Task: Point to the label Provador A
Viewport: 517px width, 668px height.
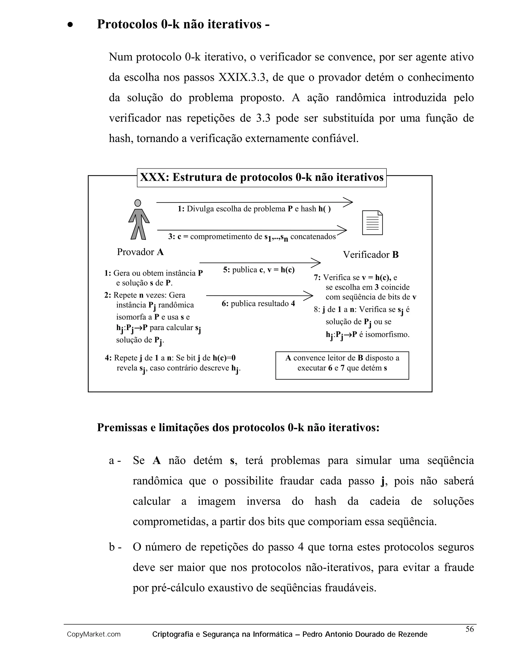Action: point(140,252)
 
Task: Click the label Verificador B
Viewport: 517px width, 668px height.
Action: point(371,255)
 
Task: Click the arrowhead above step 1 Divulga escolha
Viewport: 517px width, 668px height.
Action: point(349,202)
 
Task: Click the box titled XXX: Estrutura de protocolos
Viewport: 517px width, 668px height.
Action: point(262,178)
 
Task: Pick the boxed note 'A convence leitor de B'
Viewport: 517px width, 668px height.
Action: point(342,365)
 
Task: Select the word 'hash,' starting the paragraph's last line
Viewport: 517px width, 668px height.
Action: point(121,139)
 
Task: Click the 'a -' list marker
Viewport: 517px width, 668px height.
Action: point(115,461)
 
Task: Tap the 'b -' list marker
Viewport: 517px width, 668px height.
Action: point(115,547)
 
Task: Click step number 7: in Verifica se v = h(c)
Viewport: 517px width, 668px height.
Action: point(317,278)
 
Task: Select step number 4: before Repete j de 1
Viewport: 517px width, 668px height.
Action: point(108,358)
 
